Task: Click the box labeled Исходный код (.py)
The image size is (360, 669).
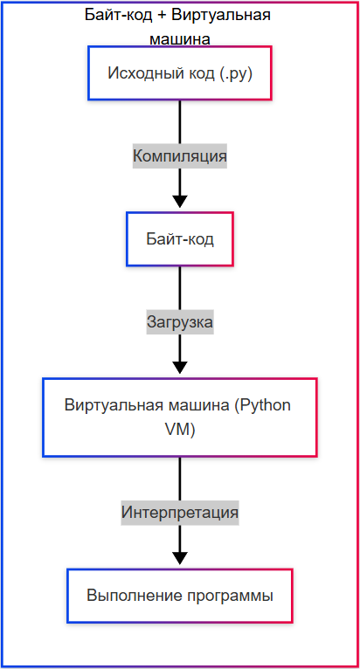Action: [x=179, y=73]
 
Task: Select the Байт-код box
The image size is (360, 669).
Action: [x=179, y=238]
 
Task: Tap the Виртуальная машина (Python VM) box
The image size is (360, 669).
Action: [x=179, y=417]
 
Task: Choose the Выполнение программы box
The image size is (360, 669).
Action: [x=179, y=596]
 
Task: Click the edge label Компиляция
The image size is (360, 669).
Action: [x=179, y=156]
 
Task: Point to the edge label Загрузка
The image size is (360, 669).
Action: [x=179, y=322]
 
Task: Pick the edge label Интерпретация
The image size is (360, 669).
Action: [x=179, y=511]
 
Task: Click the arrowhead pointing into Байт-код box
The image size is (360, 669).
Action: [x=179, y=201]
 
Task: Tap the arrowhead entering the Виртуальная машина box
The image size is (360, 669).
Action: [x=179, y=367]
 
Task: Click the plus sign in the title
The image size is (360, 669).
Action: [x=163, y=16]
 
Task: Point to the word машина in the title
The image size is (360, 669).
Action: [x=179, y=38]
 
